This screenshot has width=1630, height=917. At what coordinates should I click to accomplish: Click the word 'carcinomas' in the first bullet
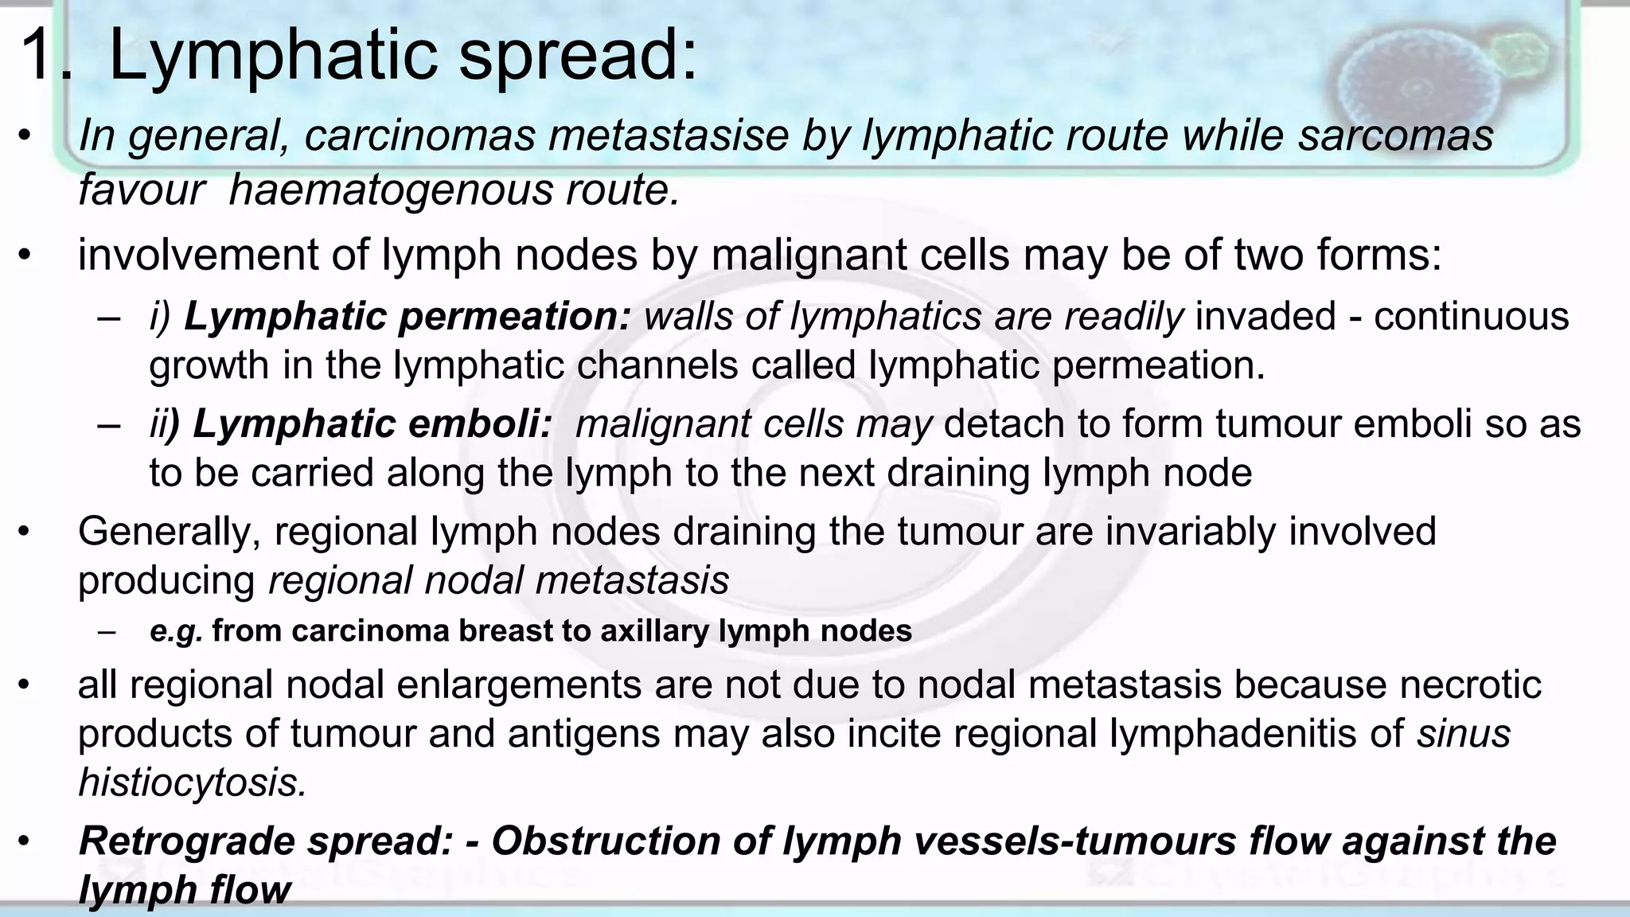420,135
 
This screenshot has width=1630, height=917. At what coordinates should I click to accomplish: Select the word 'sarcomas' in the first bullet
1396,135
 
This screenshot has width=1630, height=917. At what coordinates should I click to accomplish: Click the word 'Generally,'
170,532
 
